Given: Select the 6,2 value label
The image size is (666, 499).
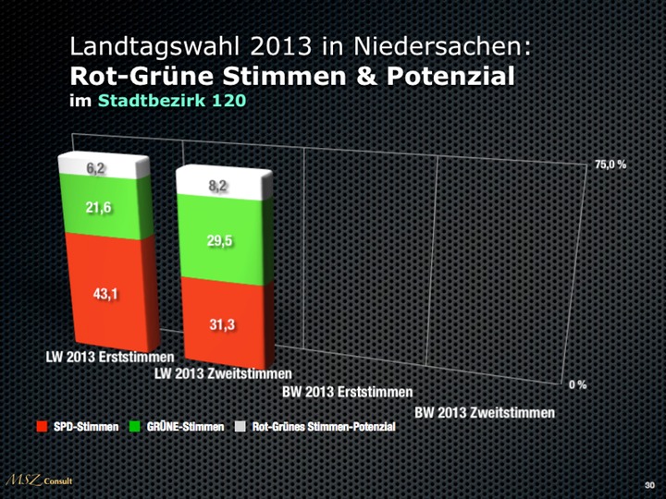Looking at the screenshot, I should point(97,168).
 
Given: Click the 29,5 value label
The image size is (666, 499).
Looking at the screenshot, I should point(219,241).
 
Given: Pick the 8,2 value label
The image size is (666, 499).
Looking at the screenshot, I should point(218,187).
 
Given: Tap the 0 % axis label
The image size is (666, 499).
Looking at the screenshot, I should point(577,383).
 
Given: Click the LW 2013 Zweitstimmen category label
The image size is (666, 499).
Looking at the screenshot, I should point(223,375).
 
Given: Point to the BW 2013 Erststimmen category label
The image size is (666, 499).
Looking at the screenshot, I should point(347,393).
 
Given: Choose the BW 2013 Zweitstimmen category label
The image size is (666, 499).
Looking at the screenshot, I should point(485,411).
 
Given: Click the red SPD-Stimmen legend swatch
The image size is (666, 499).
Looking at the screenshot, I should point(41,427).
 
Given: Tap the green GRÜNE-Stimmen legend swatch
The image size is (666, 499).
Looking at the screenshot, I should point(135,427).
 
